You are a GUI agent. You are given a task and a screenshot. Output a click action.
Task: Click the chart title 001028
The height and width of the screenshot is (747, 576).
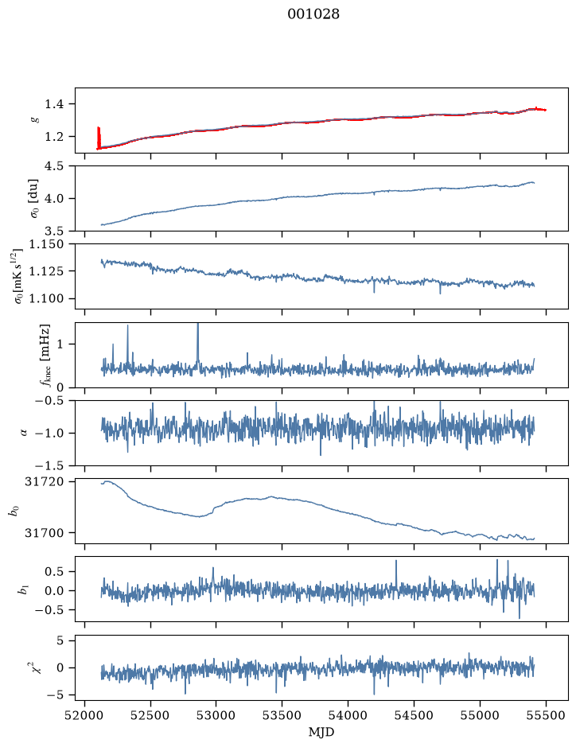pyautogui.click(x=313, y=14)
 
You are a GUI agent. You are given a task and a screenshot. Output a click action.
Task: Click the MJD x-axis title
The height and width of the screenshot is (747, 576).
pyautogui.click(x=321, y=732)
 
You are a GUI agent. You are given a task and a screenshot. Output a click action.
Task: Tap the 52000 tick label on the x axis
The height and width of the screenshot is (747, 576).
pyautogui.click(x=85, y=715)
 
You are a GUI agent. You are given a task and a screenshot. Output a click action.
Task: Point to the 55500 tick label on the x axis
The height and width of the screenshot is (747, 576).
pyautogui.click(x=546, y=715)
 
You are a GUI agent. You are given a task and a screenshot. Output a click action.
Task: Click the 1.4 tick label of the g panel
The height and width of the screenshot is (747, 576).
pyautogui.click(x=55, y=104)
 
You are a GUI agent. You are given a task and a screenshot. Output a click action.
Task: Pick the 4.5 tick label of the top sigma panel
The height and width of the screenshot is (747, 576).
pyautogui.click(x=55, y=165)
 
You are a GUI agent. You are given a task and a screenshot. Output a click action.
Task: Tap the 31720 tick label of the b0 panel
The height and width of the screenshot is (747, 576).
pyautogui.click(x=44, y=481)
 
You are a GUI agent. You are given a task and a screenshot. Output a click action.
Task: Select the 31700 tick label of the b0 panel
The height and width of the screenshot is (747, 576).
pyautogui.click(x=44, y=533)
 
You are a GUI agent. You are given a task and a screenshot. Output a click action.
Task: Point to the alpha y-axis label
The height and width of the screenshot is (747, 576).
pyautogui.click(x=24, y=433)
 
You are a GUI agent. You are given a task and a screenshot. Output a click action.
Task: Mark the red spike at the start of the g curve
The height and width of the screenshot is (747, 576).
pyautogui.click(x=99, y=138)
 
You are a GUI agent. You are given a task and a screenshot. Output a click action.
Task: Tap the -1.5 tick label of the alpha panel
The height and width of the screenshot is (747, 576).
pyautogui.click(x=50, y=465)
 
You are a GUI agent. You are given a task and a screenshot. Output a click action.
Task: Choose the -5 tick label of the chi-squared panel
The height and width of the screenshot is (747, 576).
pyautogui.click(x=55, y=695)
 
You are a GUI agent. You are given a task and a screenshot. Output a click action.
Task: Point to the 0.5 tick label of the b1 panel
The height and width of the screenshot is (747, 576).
pyautogui.click(x=55, y=571)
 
